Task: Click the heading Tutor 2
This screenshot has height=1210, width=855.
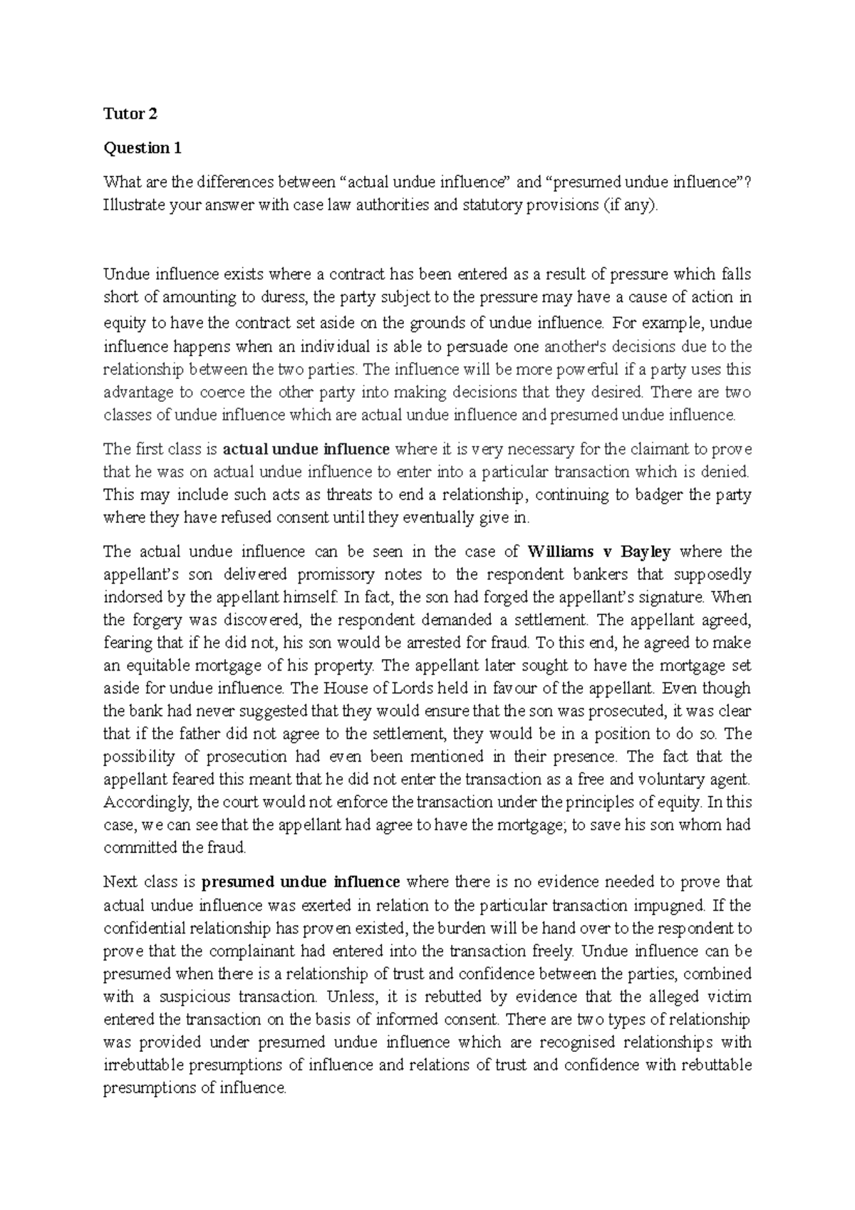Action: pos(130,114)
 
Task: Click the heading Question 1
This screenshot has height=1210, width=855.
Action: pos(142,148)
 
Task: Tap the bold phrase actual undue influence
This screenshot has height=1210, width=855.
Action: pos(306,449)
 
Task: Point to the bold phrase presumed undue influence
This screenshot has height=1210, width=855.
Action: pos(301,882)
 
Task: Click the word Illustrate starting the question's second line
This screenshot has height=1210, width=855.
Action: pos(130,206)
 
